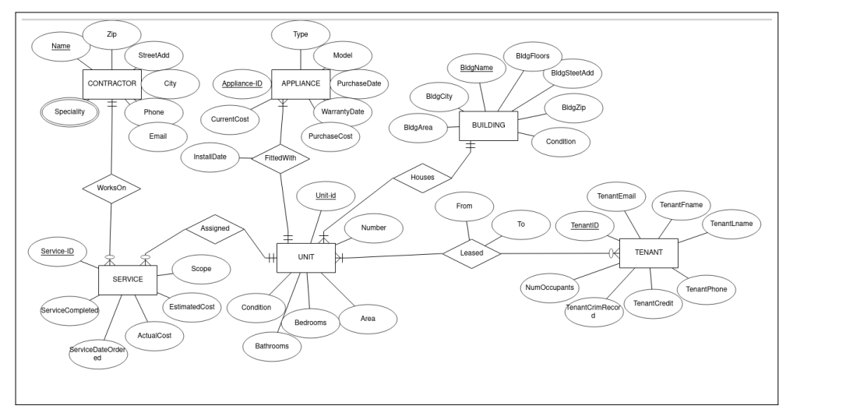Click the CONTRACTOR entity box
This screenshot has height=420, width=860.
pyautogui.click(x=111, y=83)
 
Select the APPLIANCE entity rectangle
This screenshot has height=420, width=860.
pyautogui.click(x=300, y=83)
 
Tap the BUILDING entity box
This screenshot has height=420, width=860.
pyautogui.click(x=488, y=125)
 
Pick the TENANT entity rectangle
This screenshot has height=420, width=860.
pyautogui.click(x=649, y=252)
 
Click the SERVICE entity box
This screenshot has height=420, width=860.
pyautogui.click(x=128, y=280)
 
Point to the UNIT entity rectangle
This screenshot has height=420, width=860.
pyautogui.click(x=306, y=257)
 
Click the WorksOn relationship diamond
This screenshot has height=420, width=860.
pyautogui.click(x=111, y=188)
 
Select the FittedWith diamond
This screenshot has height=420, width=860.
pyautogui.click(x=280, y=157)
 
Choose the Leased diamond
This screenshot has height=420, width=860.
pyautogui.click(x=471, y=253)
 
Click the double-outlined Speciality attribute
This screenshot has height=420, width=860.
pyautogui.click(x=70, y=112)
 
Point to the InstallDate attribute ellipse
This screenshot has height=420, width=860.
pyautogui.click(x=210, y=157)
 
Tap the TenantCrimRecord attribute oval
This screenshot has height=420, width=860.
pyautogui.click(x=594, y=312)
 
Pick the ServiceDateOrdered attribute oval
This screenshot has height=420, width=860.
pyautogui.click(x=97, y=354)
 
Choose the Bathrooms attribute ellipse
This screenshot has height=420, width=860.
pyautogui.click(x=272, y=346)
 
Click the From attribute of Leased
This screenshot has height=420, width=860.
pyautogui.click(x=464, y=206)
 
